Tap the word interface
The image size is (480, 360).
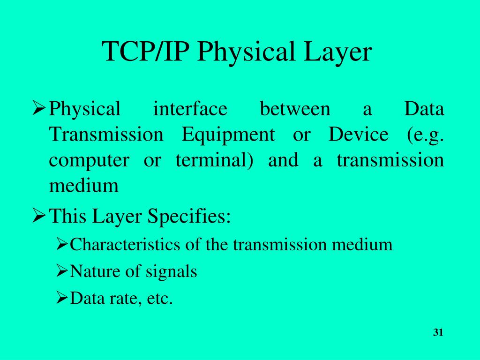[190, 109]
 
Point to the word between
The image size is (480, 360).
[295, 109]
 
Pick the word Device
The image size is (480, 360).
[358, 135]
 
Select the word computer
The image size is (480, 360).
[89, 161]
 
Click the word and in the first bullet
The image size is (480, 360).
[283, 161]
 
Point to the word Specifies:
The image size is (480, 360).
[189, 217]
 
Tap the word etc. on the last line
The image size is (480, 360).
[160, 299]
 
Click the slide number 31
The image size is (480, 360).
[438, 333]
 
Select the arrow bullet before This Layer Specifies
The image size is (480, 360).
[39, 216]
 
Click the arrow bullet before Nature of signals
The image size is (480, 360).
[62, 271]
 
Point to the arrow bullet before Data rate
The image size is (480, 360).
[62, 298]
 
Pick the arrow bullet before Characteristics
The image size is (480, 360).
[62, 244]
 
